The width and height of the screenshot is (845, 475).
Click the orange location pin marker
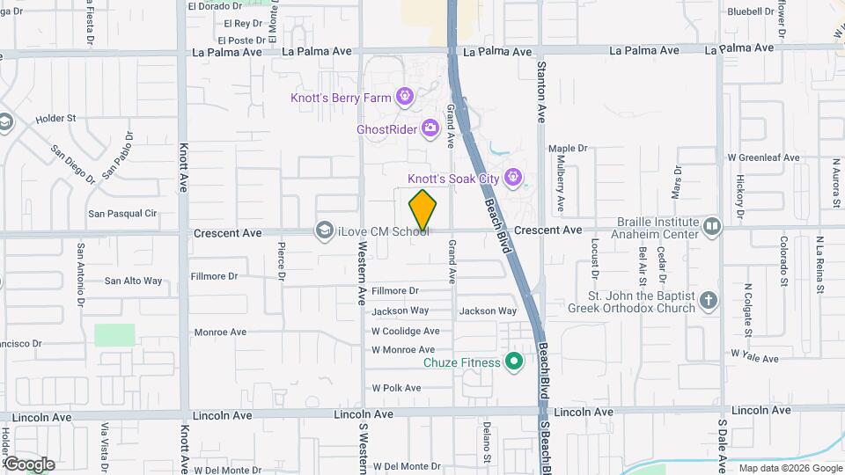tap(423, 210)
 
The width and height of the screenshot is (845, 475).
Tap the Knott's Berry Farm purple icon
tap(405, 96)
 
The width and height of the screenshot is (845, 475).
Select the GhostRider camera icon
tap(430, 128)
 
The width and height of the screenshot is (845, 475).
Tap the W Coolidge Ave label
tap(405, 332)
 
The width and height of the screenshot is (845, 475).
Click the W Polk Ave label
tap(398, 387)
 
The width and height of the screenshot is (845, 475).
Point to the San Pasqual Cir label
tap(121, 214)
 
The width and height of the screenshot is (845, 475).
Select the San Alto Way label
tap(133, 281)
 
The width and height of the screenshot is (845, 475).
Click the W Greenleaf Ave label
tap(763, 157)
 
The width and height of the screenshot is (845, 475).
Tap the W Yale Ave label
tap(754, 359)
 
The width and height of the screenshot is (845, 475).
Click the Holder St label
tap(56, 118)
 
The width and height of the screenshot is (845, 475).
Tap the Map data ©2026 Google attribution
tap(790, 468)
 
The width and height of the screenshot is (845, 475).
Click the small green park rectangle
tap(115, 335)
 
